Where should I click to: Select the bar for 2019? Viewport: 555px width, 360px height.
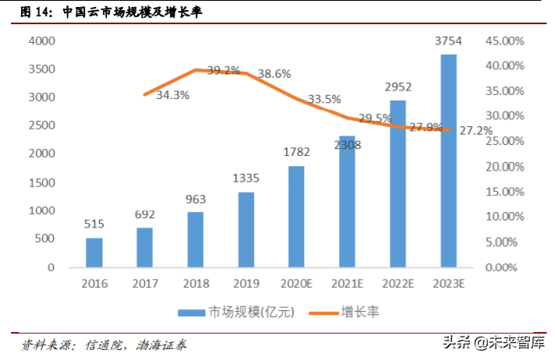(x=246, y=229)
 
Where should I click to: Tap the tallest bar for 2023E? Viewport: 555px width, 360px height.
(x=448, y=161)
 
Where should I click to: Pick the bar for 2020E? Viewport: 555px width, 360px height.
(x=296, y=216)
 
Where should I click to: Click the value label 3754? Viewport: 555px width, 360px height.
(x=448, y=41)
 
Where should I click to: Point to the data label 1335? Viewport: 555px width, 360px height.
(x=246, y=178)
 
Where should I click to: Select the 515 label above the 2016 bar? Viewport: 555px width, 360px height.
(x=94, y=224)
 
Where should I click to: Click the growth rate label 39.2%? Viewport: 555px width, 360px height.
(x=223, y=70)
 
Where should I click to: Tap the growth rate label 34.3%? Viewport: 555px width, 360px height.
(x=172, y=95)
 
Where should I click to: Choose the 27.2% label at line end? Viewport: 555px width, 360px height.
(x=475, y=131)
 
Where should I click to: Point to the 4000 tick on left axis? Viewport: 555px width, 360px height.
(x=40, y=41)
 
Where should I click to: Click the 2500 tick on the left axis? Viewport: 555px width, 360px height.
(x=40, y=125)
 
